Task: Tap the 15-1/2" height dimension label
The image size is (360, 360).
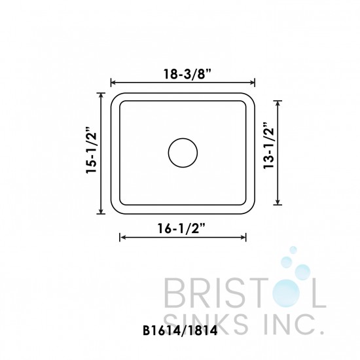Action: click(x=91, y=153)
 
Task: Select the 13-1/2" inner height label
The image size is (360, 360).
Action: click(x=267, y=153)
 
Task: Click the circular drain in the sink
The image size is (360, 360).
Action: click(x=183, y=153)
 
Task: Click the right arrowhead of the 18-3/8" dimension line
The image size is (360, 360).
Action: click(x=253, y=82)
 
